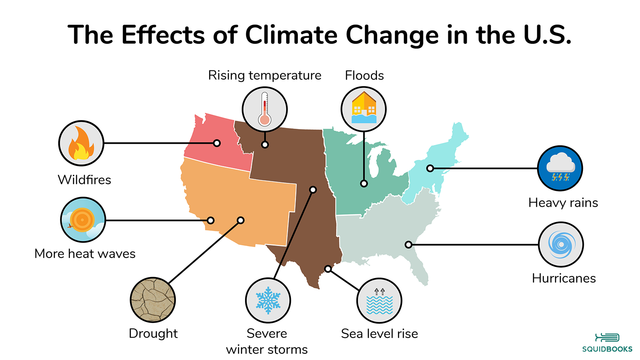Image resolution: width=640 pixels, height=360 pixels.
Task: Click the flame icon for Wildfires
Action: point(81,143)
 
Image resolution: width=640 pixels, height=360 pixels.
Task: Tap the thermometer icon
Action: point(265,110)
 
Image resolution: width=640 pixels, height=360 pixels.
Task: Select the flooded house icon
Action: point(364,109)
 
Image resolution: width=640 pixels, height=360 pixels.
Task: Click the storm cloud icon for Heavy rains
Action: point(560,168)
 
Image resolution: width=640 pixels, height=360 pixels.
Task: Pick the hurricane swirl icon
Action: point(561,245)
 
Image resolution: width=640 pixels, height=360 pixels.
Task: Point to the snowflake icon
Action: point(268,300)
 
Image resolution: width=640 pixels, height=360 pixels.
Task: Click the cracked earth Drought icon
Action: point(153,300)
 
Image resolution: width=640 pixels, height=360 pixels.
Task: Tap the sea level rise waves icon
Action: point(379,301)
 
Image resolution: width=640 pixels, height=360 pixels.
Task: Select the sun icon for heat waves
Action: point(83,220)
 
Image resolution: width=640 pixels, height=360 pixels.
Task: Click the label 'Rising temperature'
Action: point(265,75)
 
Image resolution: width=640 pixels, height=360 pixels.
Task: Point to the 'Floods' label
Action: point(364,75)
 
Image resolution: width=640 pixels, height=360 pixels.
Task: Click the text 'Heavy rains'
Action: point(563,203)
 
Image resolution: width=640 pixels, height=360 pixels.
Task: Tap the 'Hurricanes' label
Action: point(564,278)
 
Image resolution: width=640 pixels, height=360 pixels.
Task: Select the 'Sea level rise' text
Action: point(379,334)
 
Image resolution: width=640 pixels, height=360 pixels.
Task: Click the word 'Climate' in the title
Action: point(291,35)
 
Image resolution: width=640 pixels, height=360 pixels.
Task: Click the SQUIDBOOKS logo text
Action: point(607,349)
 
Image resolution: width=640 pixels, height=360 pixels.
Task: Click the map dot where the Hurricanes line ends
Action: point(408,245)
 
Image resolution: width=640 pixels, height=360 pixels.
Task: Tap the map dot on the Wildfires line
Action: point(217,143)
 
